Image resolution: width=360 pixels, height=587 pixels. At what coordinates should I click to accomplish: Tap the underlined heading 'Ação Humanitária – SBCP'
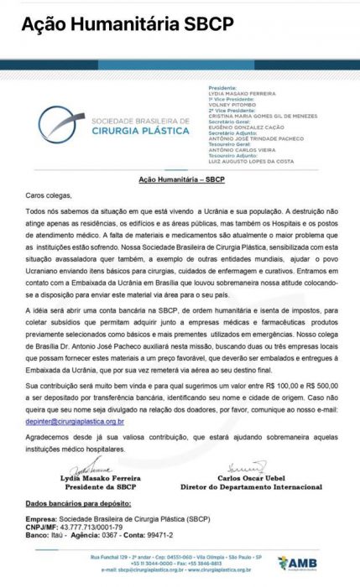(180, 179)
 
